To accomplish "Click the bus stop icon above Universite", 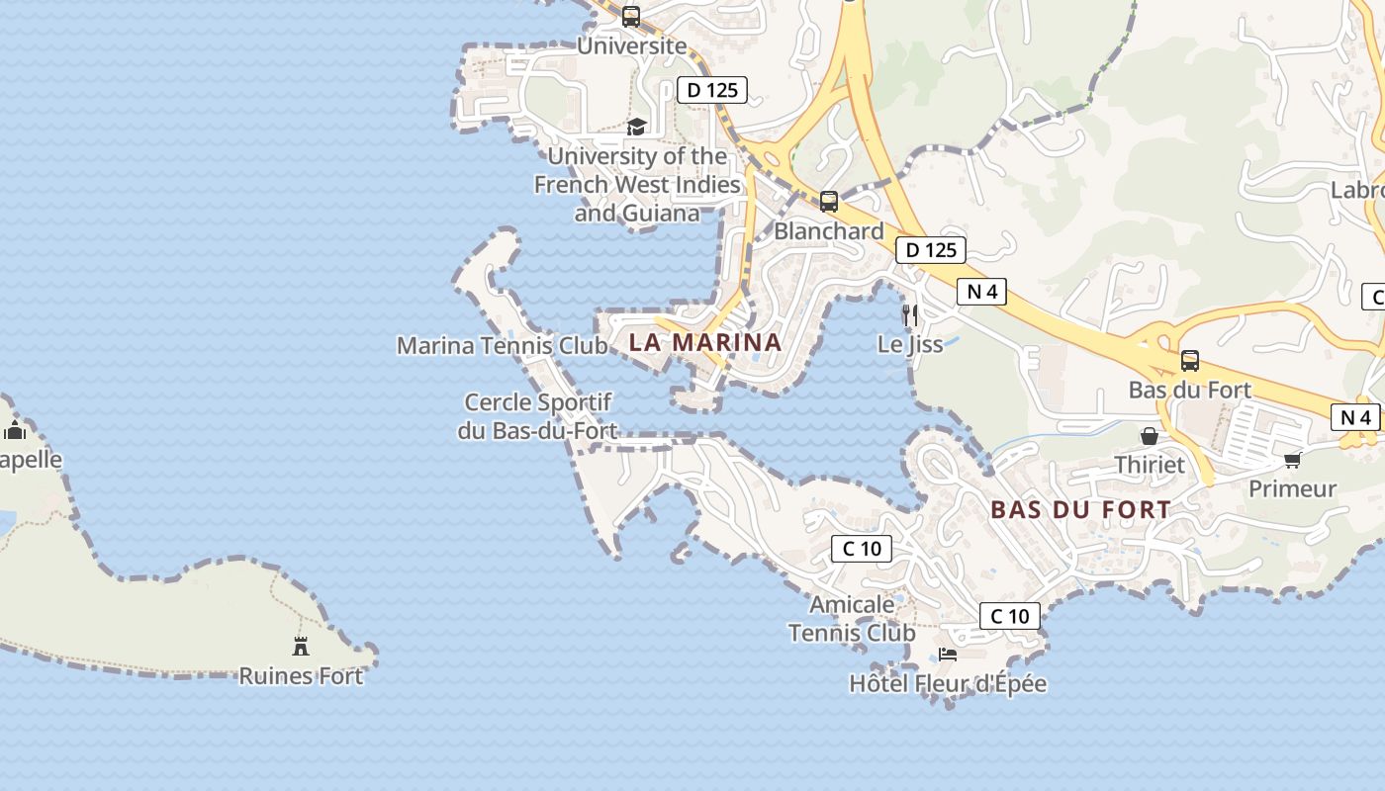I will click(x=630, y=17).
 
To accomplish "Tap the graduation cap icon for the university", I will click(x=636, y=127).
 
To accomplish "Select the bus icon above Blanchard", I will click(x=829, y=202).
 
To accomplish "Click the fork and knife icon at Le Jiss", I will click(x=910, y=315).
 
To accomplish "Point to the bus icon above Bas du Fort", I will click(x=1190, y=361).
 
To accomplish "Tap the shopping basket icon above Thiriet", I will click(x=1149, y=436).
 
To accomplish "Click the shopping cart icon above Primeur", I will click(x=1292, y=460).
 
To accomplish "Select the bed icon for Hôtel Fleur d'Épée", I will click(x=948, y=655).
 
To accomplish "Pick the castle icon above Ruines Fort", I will click(x=301, y=647).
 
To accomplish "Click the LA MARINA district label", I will click(x=705, y=343).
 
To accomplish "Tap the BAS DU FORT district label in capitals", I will click(x=1080, y=510).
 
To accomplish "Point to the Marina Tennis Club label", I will click(x=502, y=346).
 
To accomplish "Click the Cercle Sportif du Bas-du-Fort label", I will click(x=537, y=416).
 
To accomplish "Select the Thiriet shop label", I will click(x=1149, y=465).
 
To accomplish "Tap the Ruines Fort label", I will click(x=301, y=676).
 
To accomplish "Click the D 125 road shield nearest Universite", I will click(x=711, y=90).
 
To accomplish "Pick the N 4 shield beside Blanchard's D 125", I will click(x=981, y=292).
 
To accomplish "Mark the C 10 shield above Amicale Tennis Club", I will click(x=861, y=549).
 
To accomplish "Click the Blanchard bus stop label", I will click(x=829, y=231).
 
